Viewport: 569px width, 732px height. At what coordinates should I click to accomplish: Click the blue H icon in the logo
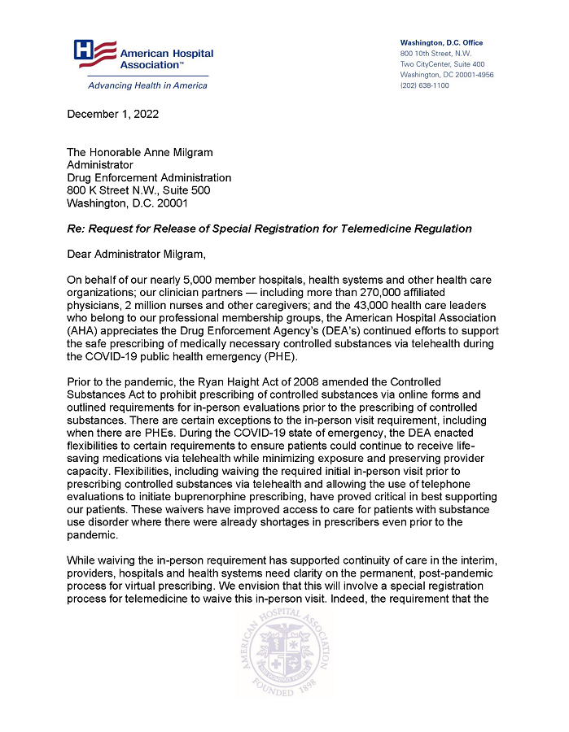click(x=85, y=50)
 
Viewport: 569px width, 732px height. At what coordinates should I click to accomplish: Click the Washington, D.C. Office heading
click(x=440, y=42)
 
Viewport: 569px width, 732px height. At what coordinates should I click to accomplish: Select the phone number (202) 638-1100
click(x=424, y=85)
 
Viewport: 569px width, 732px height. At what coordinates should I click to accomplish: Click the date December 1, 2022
click(x=112, y=114)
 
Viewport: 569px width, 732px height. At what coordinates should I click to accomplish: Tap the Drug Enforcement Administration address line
click(x=148, y=177)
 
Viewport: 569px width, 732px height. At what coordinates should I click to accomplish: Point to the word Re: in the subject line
click(x=77, y=229)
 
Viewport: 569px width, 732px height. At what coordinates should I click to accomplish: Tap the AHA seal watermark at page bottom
click(x=283, y=663)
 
